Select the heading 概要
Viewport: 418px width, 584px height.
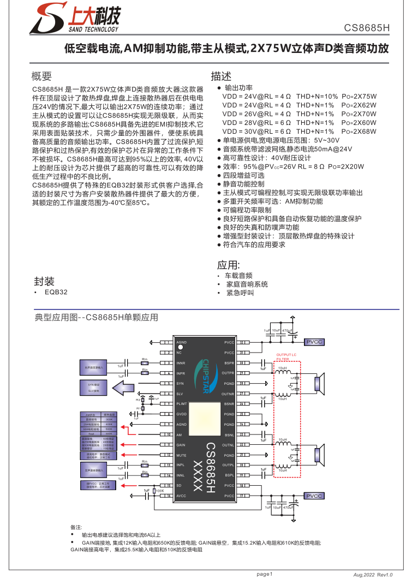coord(41,76)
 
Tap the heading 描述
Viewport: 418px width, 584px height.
coord(221,76)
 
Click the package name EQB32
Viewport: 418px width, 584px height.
coord(56,292)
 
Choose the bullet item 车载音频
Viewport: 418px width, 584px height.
coord(239,276)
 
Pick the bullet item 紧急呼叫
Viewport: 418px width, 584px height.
coord(239,293)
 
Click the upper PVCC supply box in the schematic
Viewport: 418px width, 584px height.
coord(314,342)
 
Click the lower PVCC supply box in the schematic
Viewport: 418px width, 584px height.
coord(314,496)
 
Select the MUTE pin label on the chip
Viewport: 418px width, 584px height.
coord(182,455)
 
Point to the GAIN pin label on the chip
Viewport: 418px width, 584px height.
coord(181,445)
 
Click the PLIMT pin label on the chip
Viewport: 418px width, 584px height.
coord(182,404)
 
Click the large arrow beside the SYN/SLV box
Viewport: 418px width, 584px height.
coord(123,388)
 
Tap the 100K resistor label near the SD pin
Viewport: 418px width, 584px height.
coord(160,491)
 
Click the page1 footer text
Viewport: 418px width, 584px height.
coord(265,574)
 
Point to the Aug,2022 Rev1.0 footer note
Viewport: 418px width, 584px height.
coord(373,575)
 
